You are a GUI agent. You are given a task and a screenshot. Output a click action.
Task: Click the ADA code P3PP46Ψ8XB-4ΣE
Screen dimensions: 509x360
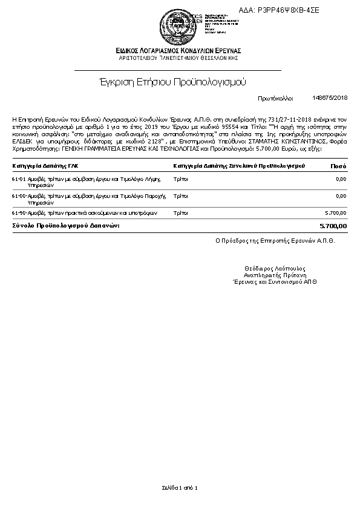pyautogui.click(x=296, y=10)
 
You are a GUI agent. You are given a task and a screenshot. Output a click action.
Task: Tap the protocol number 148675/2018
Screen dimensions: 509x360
pyautogui.click(x=330, y=97)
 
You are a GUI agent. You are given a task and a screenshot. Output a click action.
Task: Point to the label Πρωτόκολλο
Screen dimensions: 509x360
pyautogui.click(x=275, y=97)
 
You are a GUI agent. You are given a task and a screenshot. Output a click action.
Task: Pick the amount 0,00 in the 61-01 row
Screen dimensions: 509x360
pyautogui.click(x=341, y=179)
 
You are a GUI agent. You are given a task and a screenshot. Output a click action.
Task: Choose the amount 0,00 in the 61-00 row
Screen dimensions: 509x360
pyautogui.click(x=341, y=196)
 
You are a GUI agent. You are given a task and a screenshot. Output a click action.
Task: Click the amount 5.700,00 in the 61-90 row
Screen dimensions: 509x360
pyautogui.click(x=336, y=213)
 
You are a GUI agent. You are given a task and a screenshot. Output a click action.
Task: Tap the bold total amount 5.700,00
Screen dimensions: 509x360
pyautogui.click(x=333, y=226)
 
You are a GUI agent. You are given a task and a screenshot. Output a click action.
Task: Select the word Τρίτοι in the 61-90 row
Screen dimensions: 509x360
pyautogui.click(x=180, y=213)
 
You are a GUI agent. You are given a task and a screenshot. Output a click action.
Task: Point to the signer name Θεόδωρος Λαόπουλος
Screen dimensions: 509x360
pyautogui.click(x=275, y=268)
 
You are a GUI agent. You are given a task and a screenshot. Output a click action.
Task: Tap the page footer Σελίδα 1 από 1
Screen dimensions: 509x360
pyautogui.click(x=180, y=487)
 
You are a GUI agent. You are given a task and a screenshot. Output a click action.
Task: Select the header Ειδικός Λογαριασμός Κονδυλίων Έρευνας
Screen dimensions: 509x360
pyautogui.click(x=178, y=50)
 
